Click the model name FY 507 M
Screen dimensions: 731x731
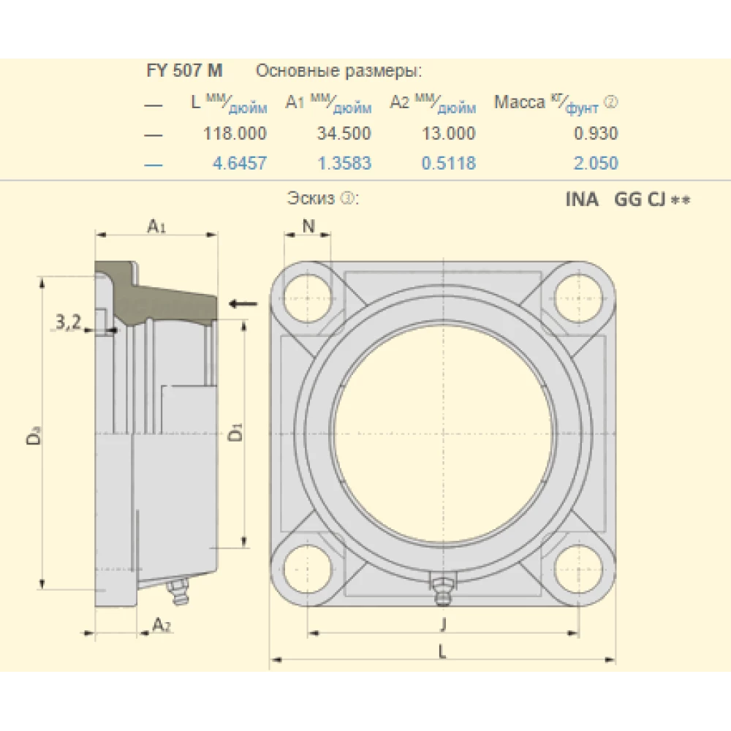coord(185,72)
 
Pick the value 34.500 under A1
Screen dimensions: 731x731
coord(344,134)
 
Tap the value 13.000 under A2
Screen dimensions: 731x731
coord(448,134)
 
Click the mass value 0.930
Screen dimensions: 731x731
coord(596,134)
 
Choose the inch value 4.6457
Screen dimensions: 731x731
coord(239,163)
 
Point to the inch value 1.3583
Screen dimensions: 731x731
coord(344,163)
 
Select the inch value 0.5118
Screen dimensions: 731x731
coord(448,163)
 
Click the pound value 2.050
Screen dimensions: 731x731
coord(596,163)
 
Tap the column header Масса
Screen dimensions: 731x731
coord(519,102)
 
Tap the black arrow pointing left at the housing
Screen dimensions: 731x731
coord(243,303)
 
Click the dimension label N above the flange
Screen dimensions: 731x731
coord(308,227)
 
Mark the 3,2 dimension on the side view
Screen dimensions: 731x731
coord(68,321)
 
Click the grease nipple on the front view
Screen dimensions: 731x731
coord(441,590)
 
